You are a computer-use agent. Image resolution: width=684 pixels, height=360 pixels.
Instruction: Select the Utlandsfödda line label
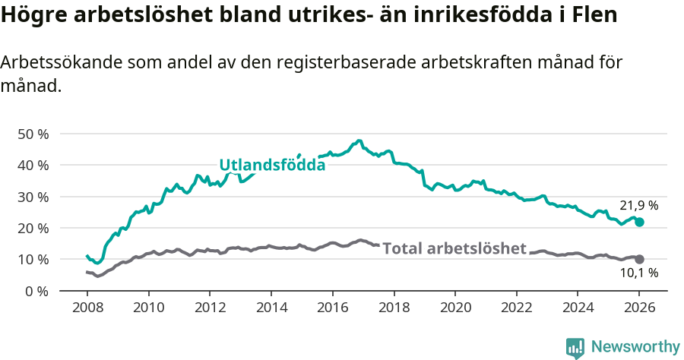pyautogui.click(x=272, y=165)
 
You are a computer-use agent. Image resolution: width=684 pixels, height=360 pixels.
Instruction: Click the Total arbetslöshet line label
pyautogui.click(x=454, y=248)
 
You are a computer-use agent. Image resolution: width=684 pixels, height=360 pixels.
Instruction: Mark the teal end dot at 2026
pyautogui.click(x=640, y=222)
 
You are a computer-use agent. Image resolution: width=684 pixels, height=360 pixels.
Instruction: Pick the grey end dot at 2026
pyautogui.click(x=640, y=259)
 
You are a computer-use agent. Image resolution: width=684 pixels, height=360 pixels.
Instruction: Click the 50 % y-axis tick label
pyautogui.click(x=33, y=134)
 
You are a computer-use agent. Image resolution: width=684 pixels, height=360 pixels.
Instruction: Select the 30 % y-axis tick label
pyautogui.click(x=33, y=197)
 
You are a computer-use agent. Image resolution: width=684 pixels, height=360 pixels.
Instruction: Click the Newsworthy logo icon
pyautogui.click(x=575, y=347)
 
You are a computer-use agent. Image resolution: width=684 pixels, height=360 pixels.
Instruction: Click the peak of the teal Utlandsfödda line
pyautogui.click(x=359, y=141)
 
